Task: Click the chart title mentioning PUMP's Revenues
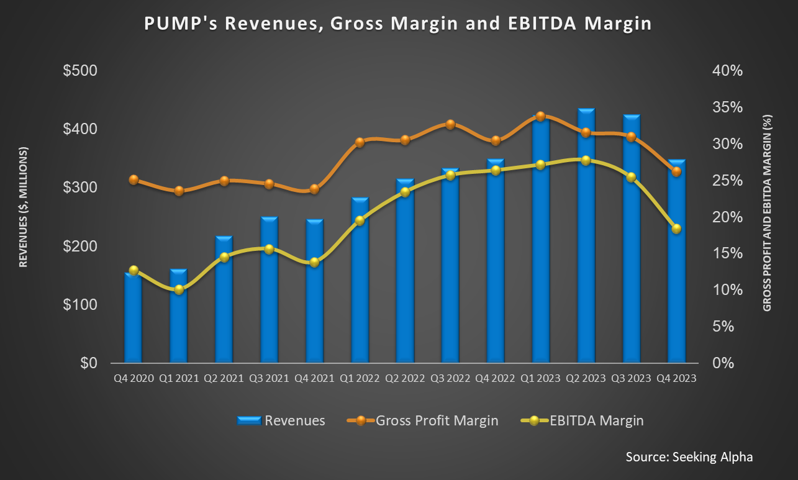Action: (398, 24)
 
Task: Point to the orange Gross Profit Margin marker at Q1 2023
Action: (540, 116)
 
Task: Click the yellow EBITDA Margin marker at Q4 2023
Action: (676, 229)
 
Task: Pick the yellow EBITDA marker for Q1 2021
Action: (179, 289)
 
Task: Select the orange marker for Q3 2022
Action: (450, 124)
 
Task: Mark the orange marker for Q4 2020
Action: (134, 179)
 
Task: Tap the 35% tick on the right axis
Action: (727, 107)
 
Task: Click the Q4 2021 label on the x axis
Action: (314, 378)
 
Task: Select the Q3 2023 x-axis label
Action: (631, 378)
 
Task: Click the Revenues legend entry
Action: (281, 420)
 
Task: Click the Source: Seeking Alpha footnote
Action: (689, 457)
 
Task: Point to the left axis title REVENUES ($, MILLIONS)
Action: (23, 207)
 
